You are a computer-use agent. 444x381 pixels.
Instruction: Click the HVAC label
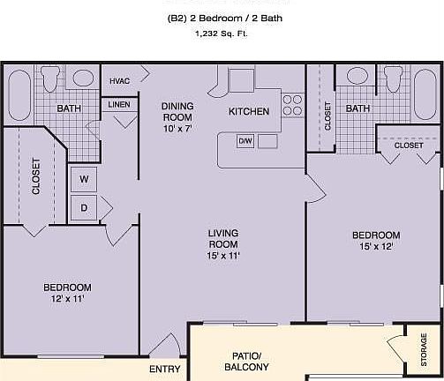click(x=119, y=81)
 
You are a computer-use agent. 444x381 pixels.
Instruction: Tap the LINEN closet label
click(x=119, y=105)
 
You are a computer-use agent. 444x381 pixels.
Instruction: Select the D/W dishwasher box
click(x=245, y=141)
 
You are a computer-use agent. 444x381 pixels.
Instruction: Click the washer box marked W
click(x=84, y=179)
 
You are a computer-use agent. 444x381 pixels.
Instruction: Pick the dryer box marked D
click(x=84, y=208)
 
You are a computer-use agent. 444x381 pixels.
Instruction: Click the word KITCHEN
click(x=249, y=112)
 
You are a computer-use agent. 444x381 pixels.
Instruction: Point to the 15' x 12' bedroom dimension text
click(x=376, y=246)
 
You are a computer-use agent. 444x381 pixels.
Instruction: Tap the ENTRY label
click(x=165, y=369)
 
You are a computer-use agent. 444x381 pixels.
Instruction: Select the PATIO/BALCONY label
click(x=245, y=361)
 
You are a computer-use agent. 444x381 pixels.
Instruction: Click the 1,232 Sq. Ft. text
click(x=222, y=34)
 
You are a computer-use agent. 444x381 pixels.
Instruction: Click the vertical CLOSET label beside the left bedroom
click(x=35, y=176)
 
